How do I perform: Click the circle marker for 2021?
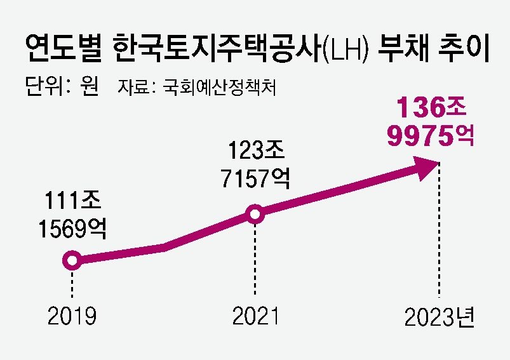pos(255,215)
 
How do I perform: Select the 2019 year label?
pos(72,316)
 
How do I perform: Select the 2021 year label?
pos(255,316)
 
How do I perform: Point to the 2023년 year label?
pos(440,316)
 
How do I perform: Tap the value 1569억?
pos(72,228)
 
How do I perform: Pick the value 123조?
pos(255,152)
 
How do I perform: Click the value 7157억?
pos(255,178)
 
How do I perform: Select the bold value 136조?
pos(431,108)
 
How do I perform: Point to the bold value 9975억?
pos(431,135)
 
